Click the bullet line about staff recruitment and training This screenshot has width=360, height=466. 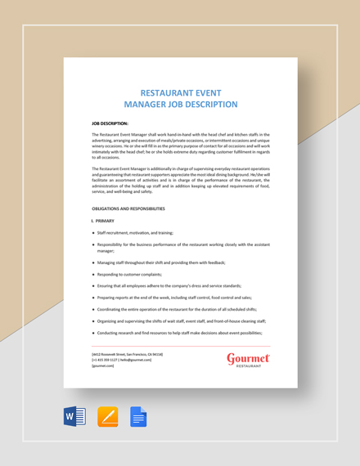(x=135, y=233)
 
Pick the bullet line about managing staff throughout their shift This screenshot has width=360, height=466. (x=160, y=262)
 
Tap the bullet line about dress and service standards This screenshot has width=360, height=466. (x=169, y=285)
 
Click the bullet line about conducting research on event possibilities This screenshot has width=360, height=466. (x=178, y=333)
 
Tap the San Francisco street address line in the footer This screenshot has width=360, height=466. (x=127, y=354)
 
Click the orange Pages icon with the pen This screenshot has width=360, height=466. (x=107, y=417)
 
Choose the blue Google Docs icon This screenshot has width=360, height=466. (x=138, y=417)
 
